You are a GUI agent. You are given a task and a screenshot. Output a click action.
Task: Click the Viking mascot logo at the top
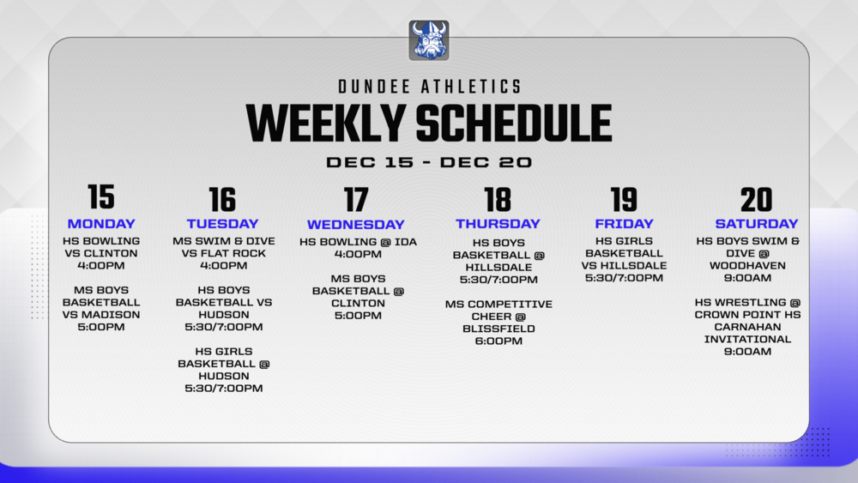point(429,40)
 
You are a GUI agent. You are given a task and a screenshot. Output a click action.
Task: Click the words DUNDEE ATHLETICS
point(429,87)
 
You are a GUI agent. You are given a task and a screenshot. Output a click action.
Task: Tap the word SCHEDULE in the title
point(513,124)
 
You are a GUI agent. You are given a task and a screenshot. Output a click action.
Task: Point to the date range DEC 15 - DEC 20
point(429,162)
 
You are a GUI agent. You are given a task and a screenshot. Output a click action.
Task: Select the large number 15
point(101,197)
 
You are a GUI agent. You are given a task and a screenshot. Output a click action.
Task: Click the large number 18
point(498,200)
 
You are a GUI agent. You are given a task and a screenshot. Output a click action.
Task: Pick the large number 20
point(756,200)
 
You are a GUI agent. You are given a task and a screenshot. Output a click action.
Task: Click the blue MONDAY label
point(101,224)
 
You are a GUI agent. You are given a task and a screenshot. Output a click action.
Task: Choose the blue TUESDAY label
point(222,224)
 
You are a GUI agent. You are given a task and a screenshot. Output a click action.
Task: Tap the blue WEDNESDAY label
point(356,225)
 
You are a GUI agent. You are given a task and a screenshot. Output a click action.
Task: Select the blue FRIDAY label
point(624,224)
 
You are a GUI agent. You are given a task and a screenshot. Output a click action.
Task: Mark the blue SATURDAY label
point(756,224)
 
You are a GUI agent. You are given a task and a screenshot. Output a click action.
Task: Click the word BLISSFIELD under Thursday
point(498,329)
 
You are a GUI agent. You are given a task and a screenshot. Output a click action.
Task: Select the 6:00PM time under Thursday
point(498,341)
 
